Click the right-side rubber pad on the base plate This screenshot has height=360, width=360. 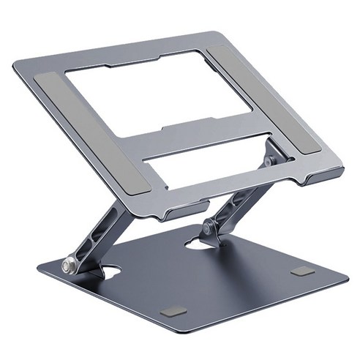point(301,271)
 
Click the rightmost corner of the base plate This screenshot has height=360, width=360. point(347,279)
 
